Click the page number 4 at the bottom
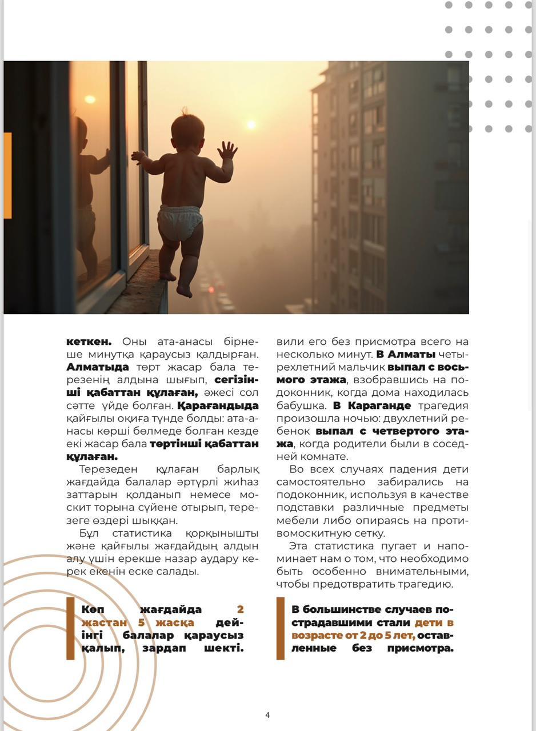point(267,715)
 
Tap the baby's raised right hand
point(227,150)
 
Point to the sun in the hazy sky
point(250,124)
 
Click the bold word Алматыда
point(98,367)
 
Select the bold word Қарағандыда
point(218,405)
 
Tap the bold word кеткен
point(89,342)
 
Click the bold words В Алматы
point(406,355)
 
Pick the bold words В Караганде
point(372,405)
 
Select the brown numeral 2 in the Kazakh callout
point(240,609)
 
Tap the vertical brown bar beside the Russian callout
point(280,628)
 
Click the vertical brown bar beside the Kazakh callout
point(70,628)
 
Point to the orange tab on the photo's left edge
point(7,175)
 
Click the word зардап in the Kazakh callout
point(166,648)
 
